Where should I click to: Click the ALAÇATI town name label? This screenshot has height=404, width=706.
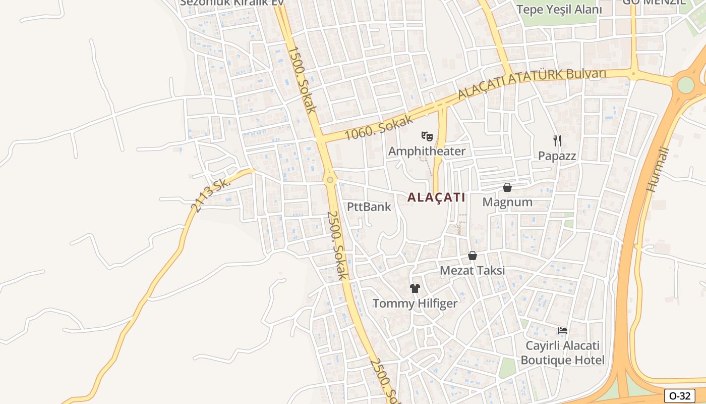436,197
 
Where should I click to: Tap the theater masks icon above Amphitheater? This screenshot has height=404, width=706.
427,136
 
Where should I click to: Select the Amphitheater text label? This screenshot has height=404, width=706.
427,151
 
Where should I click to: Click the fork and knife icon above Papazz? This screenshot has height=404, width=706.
557,140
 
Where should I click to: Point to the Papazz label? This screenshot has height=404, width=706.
557,156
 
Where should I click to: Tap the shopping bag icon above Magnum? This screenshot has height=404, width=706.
507,187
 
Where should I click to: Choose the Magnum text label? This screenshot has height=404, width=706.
507,202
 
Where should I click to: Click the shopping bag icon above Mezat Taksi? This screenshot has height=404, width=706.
473,256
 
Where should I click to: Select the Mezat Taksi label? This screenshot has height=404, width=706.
472,270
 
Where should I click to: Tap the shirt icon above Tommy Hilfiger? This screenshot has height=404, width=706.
415,288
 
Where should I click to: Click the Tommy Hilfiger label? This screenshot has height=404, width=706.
415,304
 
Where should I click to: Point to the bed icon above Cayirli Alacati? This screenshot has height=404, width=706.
563,331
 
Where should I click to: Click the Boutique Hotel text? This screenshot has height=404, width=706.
562,360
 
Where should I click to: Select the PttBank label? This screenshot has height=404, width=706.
369,207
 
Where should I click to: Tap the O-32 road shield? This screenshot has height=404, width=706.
679,396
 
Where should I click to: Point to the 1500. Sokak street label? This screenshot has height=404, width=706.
303,79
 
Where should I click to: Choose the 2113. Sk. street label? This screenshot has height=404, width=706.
210,195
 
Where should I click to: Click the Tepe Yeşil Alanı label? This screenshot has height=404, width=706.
559,9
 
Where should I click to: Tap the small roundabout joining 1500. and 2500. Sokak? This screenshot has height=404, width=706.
330,179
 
